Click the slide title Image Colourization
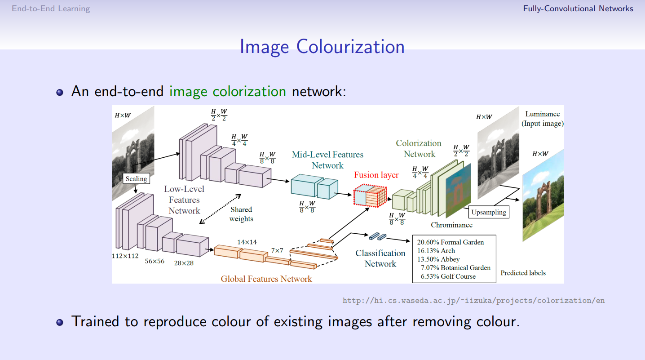(x=322, y=47)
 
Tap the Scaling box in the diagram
(x=136, y=178)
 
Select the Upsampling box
(x=489, y=212)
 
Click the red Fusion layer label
(x=376, y=175)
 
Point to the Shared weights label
(x=241, y=214)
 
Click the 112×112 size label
(x=125, y=256)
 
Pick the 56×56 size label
(x=155, y=261)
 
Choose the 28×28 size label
(x=184, y=263)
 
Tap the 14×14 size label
(x=247, y=242)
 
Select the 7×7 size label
(x=277, y=250)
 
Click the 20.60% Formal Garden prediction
(x=451, y=242)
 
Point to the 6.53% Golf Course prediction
(x=448, y=276)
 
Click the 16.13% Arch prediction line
(x=436, y=251)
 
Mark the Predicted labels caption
(x=523, y=273)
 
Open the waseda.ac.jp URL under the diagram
(x=473, y=300)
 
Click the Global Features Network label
(x=266, y=279)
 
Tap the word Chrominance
(x=451, y=225)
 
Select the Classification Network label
(x=380, y=258)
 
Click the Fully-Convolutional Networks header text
(x=578, y=9)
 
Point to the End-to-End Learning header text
(x=51, y=9)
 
